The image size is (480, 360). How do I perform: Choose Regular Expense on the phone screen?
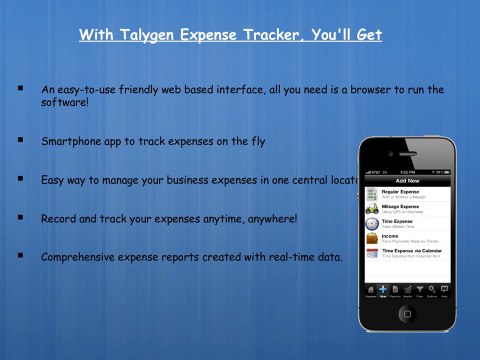(x=401, y=192)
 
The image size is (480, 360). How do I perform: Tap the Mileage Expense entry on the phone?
(x=401, y=208)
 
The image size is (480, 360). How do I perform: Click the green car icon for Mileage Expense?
(x=371, y=209)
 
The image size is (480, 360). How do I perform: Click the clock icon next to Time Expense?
(x=371, y=224)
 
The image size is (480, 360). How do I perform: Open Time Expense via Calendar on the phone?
(x=410, y=253)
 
